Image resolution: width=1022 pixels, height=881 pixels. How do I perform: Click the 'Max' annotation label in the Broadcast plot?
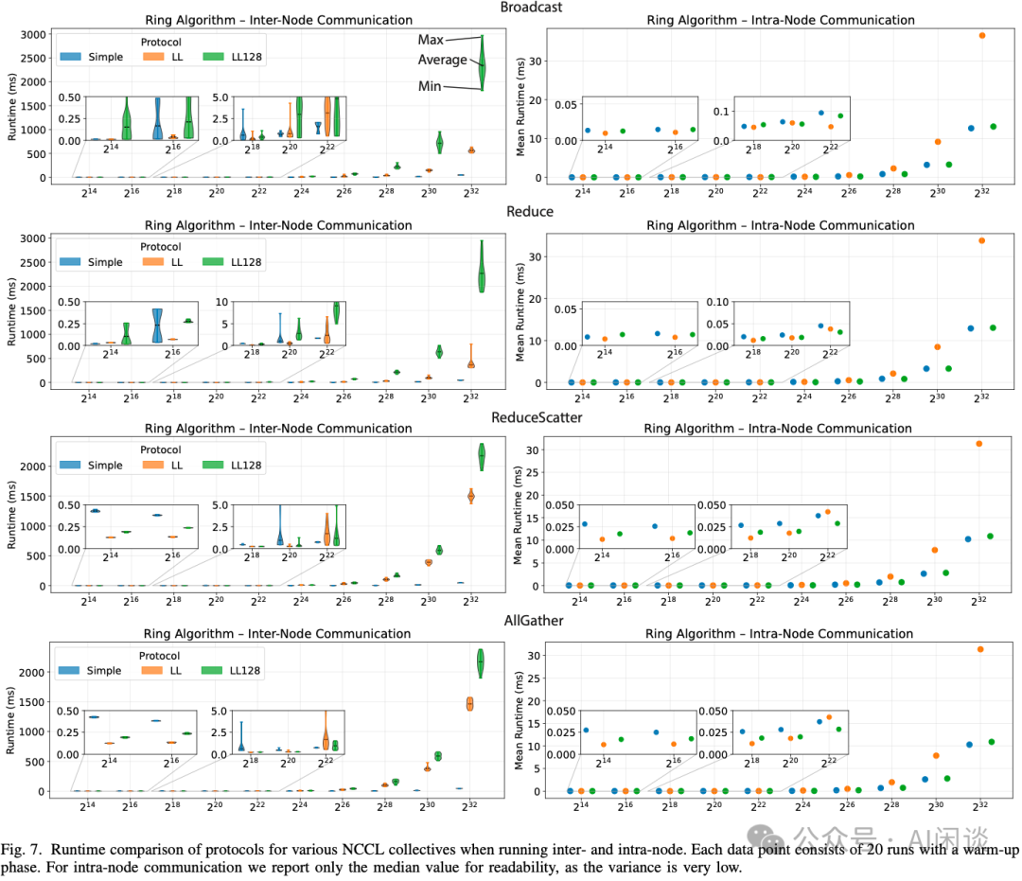(x=432, y=41)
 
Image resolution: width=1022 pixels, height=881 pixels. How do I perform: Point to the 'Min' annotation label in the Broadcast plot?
(x=432, y=87)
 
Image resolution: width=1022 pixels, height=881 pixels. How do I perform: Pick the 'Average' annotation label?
(x=443, y=60)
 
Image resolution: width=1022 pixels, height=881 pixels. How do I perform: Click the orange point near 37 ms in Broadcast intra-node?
(x=982, y=35)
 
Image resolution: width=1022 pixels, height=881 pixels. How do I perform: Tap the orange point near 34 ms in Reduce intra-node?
(x=982, y=240)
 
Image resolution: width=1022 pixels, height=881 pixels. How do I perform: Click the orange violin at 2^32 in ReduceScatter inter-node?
(x=471, y=495)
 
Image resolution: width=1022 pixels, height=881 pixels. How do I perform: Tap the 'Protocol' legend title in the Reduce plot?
(x=162, y=246)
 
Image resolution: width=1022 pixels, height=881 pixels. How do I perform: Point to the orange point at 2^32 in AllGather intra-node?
(x=980, y=649)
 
